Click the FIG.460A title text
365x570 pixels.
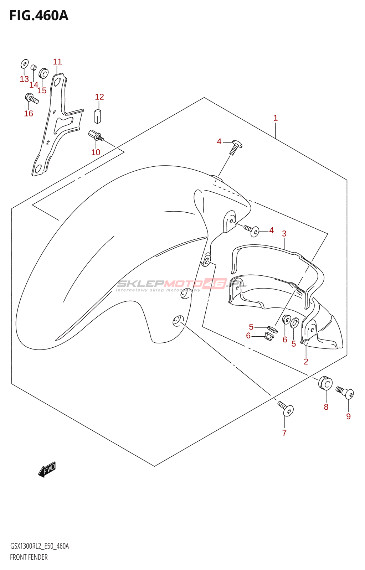(x=39, y=16)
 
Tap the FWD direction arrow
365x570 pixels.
(x=47, y=469)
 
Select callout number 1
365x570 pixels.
(x=276, y=118)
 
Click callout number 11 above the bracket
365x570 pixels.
(x=57, y=62)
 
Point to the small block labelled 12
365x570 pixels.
(x=98, y=116)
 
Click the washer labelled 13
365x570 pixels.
(x=24, y=64)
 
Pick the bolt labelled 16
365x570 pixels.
(x=31, y=98)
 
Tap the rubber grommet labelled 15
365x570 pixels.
(x=43, y=73)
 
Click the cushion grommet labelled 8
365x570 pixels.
(x=325, y=383)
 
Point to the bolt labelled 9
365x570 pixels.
(x=345, y=392)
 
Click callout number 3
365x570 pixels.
(x=284, y=234)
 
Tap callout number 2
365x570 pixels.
(x=306, y=362)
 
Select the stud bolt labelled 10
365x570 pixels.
(x=96, y=136)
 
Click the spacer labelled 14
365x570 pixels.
(x=33, y=67)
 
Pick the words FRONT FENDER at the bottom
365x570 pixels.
(x=29, y=557)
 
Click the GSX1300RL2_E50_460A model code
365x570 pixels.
(x=40, y=546)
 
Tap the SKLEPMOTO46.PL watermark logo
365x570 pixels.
(x=182, y=284)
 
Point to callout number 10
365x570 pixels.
(x=96, y=152)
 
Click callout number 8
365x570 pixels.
(x=326, y=407)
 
